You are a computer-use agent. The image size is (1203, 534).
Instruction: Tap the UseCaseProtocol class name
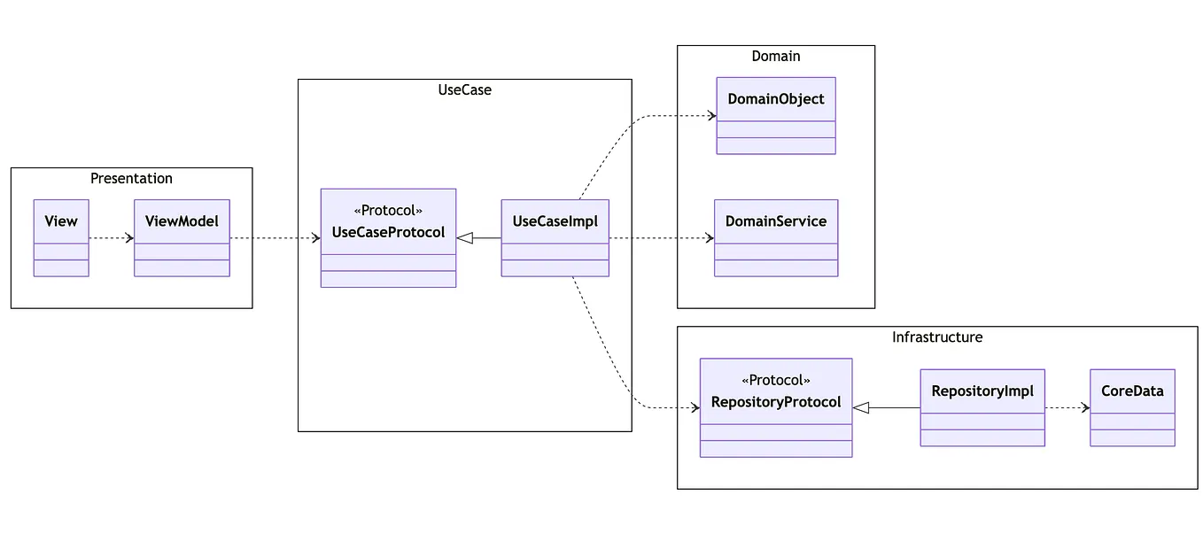point(388,234)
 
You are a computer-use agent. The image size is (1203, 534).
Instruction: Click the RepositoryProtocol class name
point(776,402)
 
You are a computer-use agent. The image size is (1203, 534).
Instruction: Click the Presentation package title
point(131,178)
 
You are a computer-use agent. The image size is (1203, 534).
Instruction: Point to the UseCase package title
point(464,89)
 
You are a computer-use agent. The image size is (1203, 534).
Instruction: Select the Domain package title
point(776,56)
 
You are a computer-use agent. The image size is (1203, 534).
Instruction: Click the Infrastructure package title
point(937,337)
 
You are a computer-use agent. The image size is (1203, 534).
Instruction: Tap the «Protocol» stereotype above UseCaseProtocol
point(388,211)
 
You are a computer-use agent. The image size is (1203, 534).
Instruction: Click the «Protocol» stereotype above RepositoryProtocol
point(776,380)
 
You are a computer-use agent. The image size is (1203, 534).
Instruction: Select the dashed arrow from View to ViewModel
point(111,237)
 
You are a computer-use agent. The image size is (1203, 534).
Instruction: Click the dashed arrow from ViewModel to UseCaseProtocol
point(275,237)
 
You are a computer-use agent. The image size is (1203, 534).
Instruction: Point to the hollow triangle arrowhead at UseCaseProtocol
point(465,237)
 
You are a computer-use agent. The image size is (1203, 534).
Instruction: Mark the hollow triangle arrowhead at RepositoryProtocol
point(861,407)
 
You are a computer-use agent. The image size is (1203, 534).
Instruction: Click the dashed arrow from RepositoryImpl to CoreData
point(1067,407)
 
